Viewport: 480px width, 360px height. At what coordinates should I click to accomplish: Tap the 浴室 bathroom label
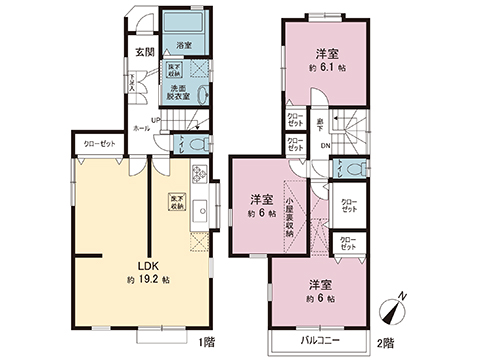(184, 45)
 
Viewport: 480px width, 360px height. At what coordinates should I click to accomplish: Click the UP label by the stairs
(156, 121)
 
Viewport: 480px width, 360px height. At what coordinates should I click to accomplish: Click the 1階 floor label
(206, 343)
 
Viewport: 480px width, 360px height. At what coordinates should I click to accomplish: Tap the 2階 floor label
(385, 343)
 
